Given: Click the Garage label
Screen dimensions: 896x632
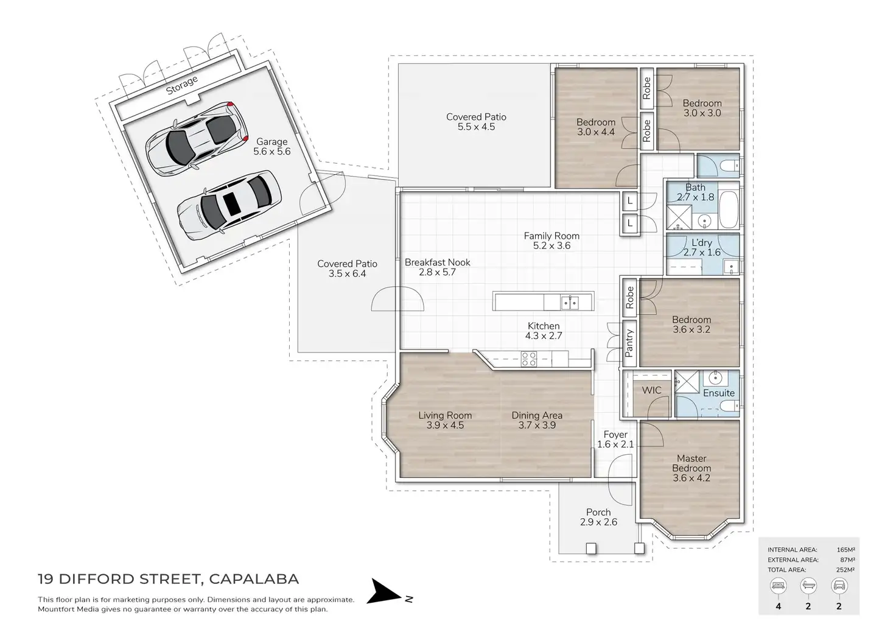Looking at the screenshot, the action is (x=271, y=142).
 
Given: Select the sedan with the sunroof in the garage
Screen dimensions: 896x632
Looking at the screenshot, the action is (x=229, y=203).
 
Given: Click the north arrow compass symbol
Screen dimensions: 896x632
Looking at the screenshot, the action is (x=386, y=592).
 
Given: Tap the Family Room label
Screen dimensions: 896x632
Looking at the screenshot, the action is (x=551, y=236).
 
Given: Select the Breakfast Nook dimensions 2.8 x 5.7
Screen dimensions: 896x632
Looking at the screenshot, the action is (x=437, y=273).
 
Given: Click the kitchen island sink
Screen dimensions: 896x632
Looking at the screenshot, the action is (x=569, y=302).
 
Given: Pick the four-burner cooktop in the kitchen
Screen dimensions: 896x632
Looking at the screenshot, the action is (x=528, y=359).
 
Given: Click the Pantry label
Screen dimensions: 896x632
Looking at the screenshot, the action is (x=629, y=343).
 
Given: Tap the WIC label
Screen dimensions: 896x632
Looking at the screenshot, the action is (x=651, y=390).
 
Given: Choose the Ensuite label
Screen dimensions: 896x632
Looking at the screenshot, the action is (x=718, y=393).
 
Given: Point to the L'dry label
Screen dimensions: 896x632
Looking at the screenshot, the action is (x=701, y=243).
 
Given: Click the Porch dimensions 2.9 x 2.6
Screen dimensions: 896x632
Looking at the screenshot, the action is (x=598, y=522).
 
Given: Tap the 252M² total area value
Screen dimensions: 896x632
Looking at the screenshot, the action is (x=845, y=570).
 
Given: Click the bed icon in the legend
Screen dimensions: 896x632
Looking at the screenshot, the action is (x=778, y=586).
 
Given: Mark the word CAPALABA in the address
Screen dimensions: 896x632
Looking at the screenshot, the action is (x=254, y=579).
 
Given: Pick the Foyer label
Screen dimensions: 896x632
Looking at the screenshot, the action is (x=615, y=435).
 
